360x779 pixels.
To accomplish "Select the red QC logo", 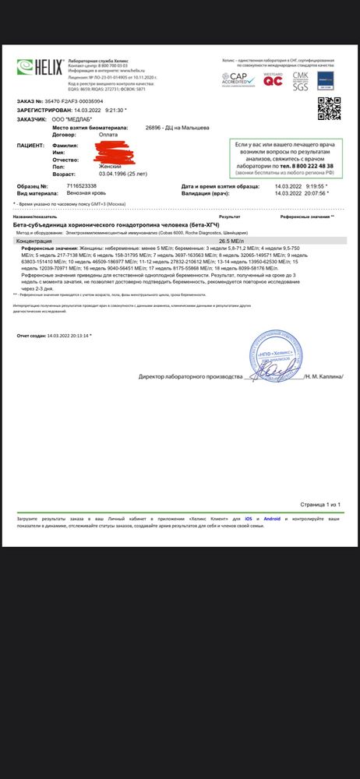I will click(x=272, y=78).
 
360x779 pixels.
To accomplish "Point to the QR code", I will click(x=330, y=105).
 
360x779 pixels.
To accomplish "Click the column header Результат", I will click(x=229, y=215).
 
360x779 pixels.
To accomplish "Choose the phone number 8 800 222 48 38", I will click(x=309, y=167).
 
